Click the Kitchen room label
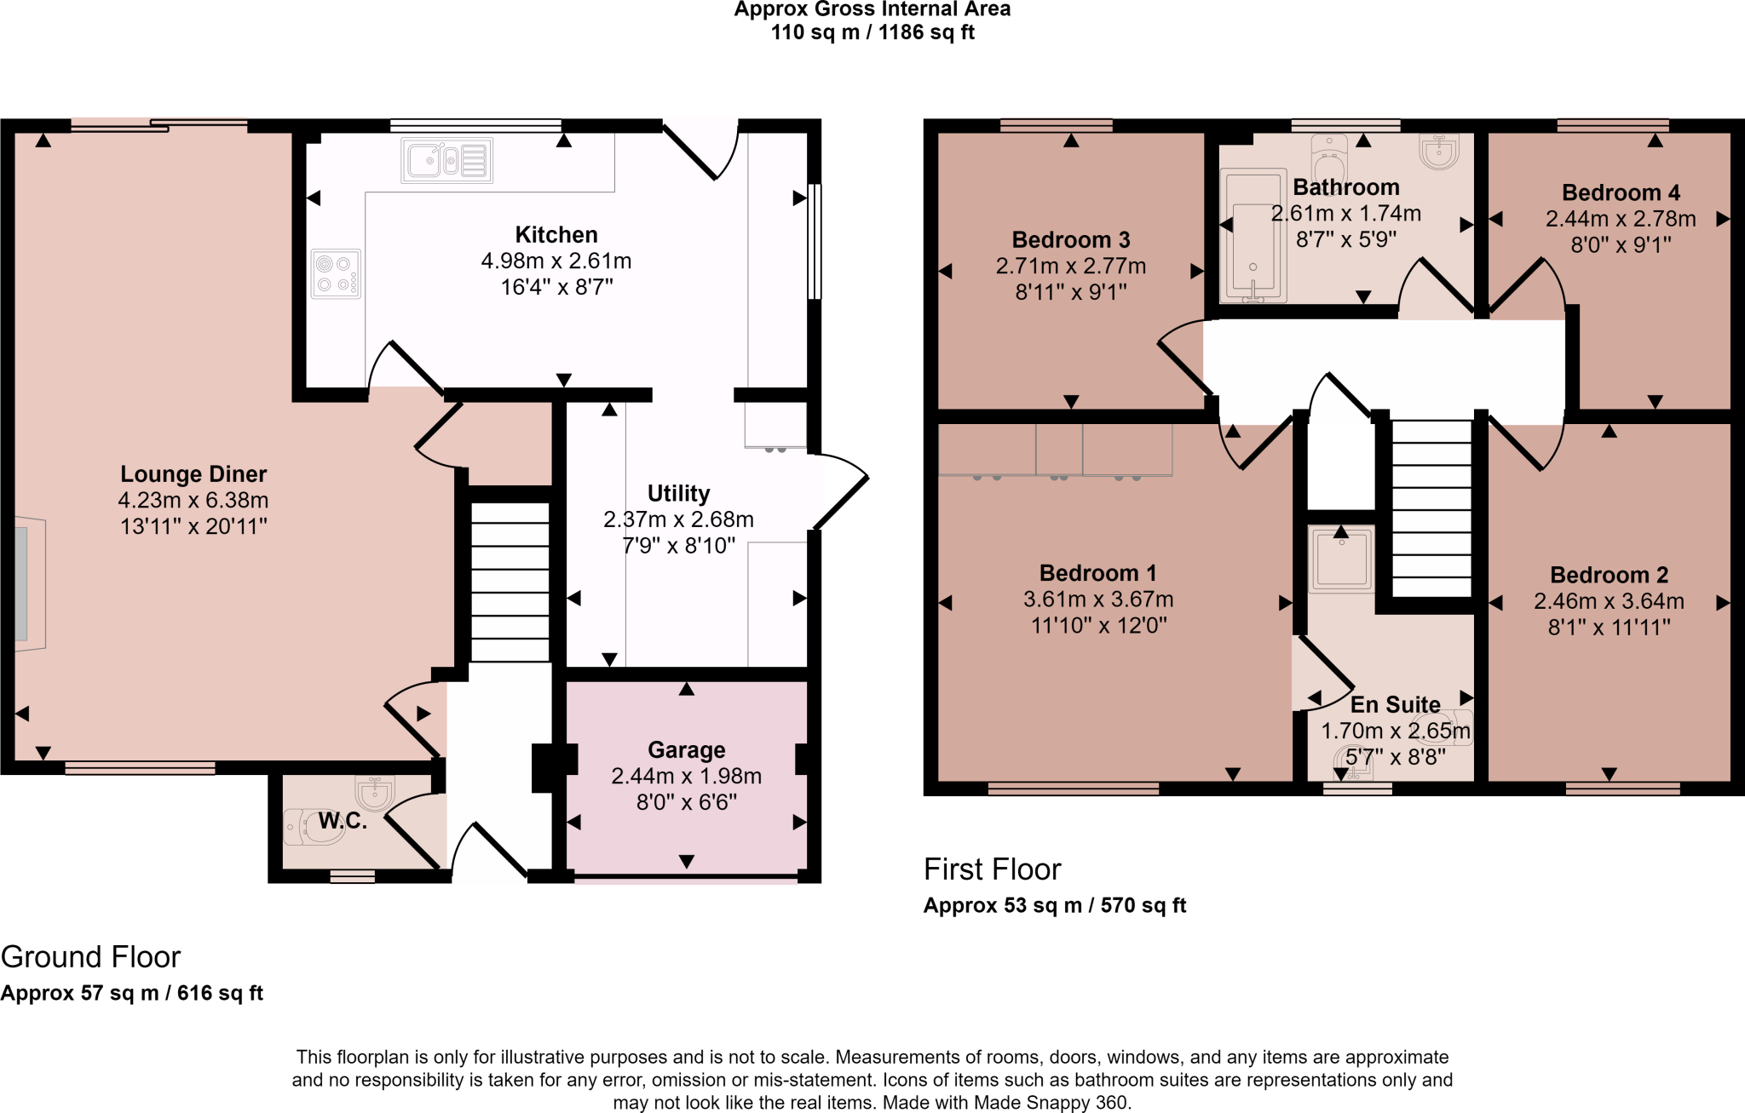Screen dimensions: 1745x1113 [556, 235]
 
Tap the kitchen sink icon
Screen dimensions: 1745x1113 [446, 160]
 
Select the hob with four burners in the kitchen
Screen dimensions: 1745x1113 [336, 273]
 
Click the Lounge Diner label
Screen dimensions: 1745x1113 [193, 474]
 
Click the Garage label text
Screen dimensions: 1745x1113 [687, 750]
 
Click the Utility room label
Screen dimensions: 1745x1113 [678, 494]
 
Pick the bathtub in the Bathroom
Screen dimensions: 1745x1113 [1253, 236]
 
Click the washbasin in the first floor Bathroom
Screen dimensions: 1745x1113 [1439, 151]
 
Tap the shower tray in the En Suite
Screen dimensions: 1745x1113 [1341, 559]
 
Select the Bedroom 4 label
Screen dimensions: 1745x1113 [1621, 193]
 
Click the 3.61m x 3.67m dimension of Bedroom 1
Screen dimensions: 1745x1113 [1098, 600]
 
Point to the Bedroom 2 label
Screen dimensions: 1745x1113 [1609, 576]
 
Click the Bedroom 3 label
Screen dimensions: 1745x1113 [1071, 240]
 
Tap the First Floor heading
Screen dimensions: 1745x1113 [993, 869]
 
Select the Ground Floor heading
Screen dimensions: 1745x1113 [90, 957]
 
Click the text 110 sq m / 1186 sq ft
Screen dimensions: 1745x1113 [872, 32]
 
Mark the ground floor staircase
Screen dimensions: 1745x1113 [510, 582]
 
